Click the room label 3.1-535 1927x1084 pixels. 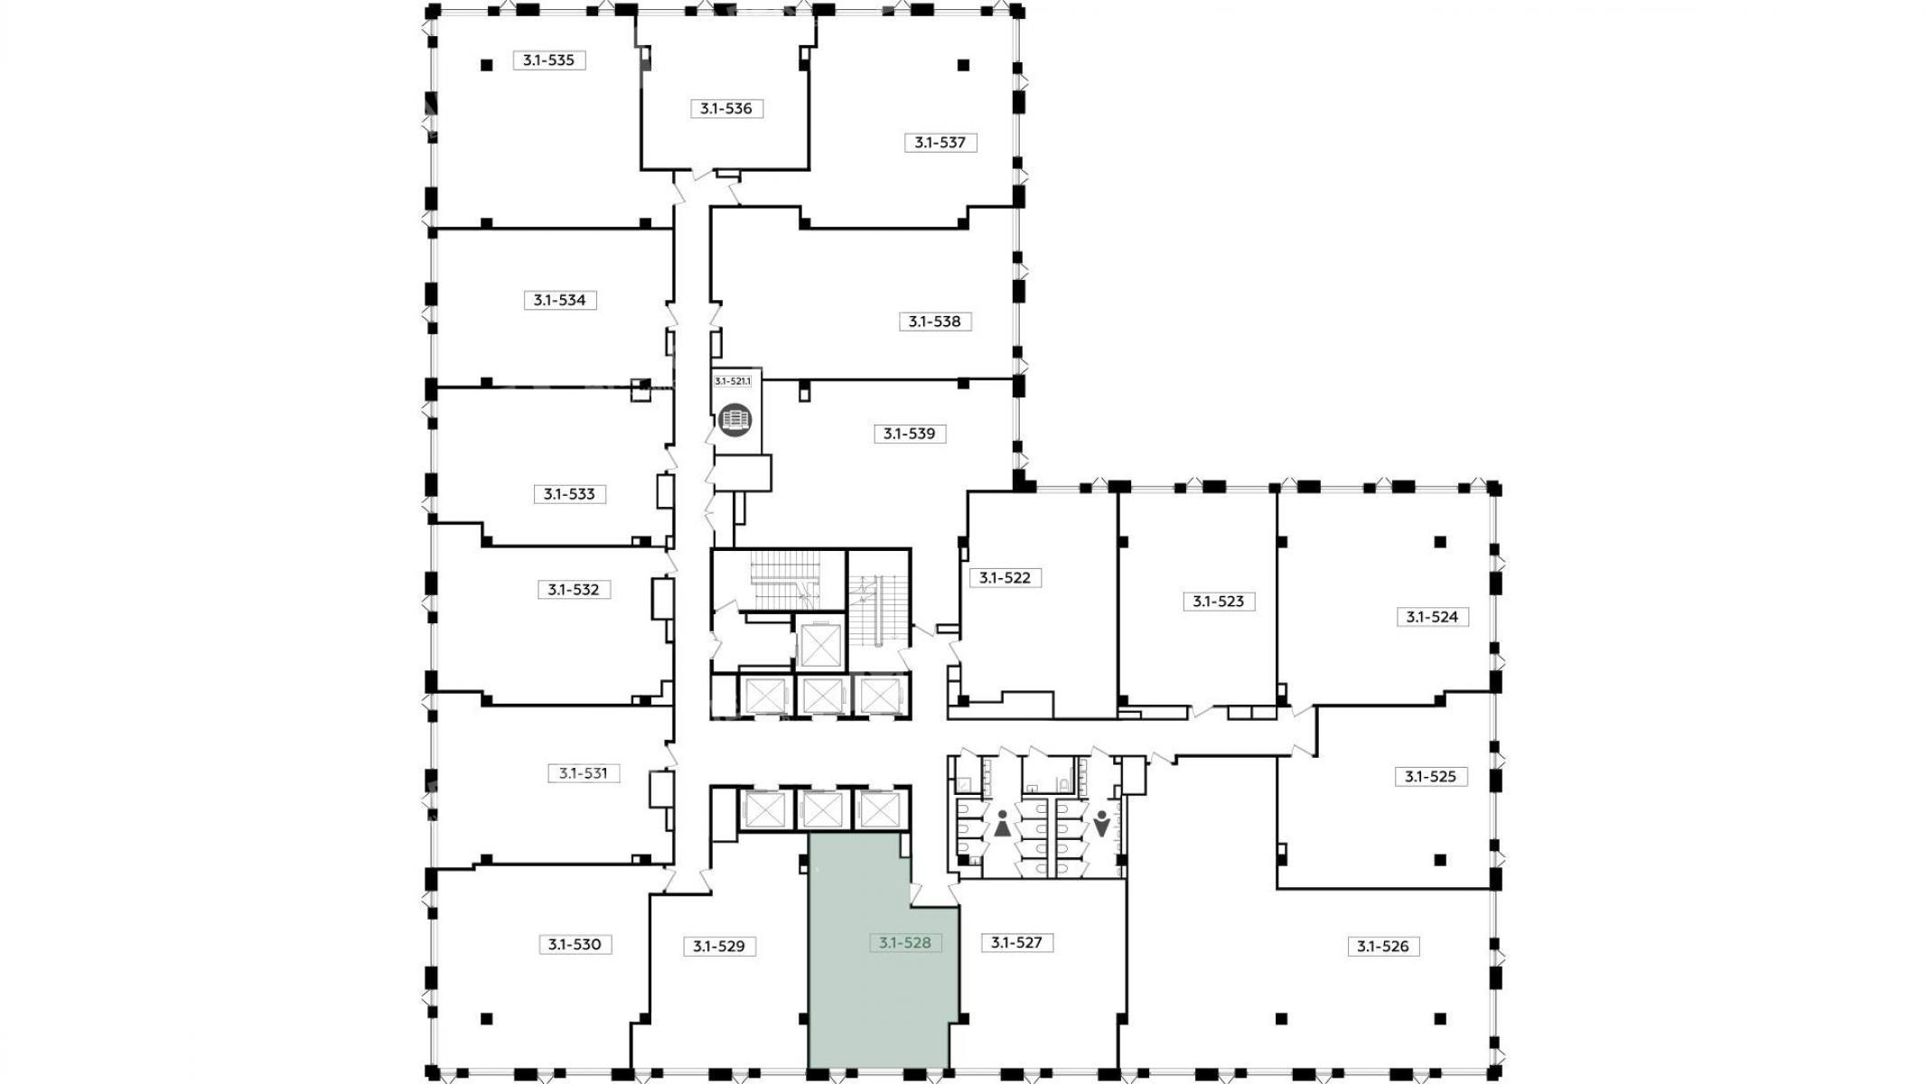click(549, 61)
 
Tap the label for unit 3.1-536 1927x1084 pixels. click(726, 108)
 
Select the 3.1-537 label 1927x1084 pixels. click(940, 142)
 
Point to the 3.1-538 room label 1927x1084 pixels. click(935, 322)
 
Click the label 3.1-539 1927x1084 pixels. click(910, 434)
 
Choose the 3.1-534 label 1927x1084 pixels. click(560, 300)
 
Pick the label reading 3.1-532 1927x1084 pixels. click(574, 590)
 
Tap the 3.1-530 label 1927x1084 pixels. click(575, 945)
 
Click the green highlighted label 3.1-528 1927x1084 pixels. click(905, 943)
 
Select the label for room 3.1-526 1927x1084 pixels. click(1383, 947)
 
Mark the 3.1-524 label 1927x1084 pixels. click(1433, 617)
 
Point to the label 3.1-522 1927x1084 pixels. click(1006, 577)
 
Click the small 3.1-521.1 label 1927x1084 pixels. click(733, 381)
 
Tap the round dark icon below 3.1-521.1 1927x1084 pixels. click(735, 420)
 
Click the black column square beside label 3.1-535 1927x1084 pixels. click(487, 64)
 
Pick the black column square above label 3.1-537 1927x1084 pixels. click(964, 65)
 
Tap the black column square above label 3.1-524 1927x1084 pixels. click(1440, 542)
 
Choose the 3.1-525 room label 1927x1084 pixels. click(1432, 776)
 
